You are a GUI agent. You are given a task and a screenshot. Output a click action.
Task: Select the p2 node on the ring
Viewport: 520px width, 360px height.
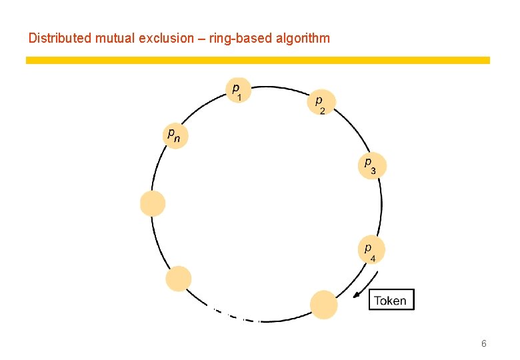pos(322,102)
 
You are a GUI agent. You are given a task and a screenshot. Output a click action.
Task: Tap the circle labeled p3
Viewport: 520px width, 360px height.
pos(371,166)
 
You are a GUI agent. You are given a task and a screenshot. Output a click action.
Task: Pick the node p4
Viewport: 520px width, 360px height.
pos(371,249)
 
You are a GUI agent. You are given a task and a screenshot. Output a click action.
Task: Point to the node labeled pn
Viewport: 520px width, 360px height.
pos(175,135)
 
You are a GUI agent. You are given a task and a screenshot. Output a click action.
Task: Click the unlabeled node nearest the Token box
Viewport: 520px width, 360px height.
pos(324,304)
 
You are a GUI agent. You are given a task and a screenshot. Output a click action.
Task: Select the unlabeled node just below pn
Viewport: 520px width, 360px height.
pos(153,203)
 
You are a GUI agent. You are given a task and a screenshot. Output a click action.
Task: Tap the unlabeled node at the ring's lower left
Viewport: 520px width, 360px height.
pos(178,279)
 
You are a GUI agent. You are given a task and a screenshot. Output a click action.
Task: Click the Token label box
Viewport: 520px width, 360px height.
pos(391,300)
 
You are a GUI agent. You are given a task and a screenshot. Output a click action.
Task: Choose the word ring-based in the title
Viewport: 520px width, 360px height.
pos(245,38)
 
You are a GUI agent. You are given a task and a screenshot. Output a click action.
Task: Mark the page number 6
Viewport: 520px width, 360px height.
pos(483,343)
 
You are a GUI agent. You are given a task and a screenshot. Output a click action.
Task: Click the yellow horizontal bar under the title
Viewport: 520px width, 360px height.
pos(257,60)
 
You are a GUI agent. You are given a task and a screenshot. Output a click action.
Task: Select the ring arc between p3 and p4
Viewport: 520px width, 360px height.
pos(381,207)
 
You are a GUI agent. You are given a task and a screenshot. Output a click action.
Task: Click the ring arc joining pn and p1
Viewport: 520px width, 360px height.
pos(200,107)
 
